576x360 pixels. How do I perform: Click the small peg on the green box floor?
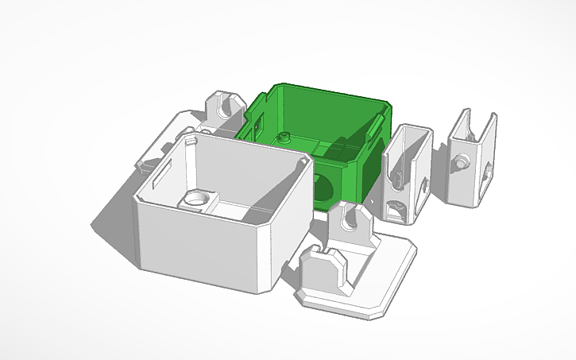coord(283,137)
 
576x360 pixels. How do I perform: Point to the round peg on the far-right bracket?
coord(459,162)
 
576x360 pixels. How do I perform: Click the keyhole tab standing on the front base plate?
coord(350,223)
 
